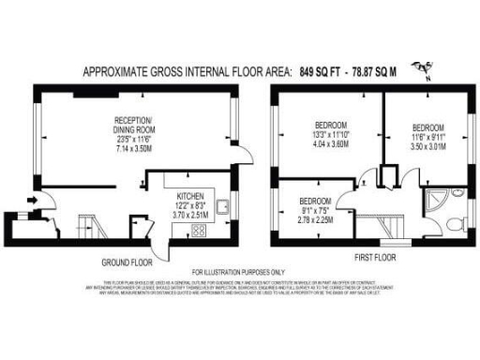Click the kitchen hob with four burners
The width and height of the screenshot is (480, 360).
(199, 232)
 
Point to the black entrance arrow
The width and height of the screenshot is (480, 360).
(35, 199)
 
